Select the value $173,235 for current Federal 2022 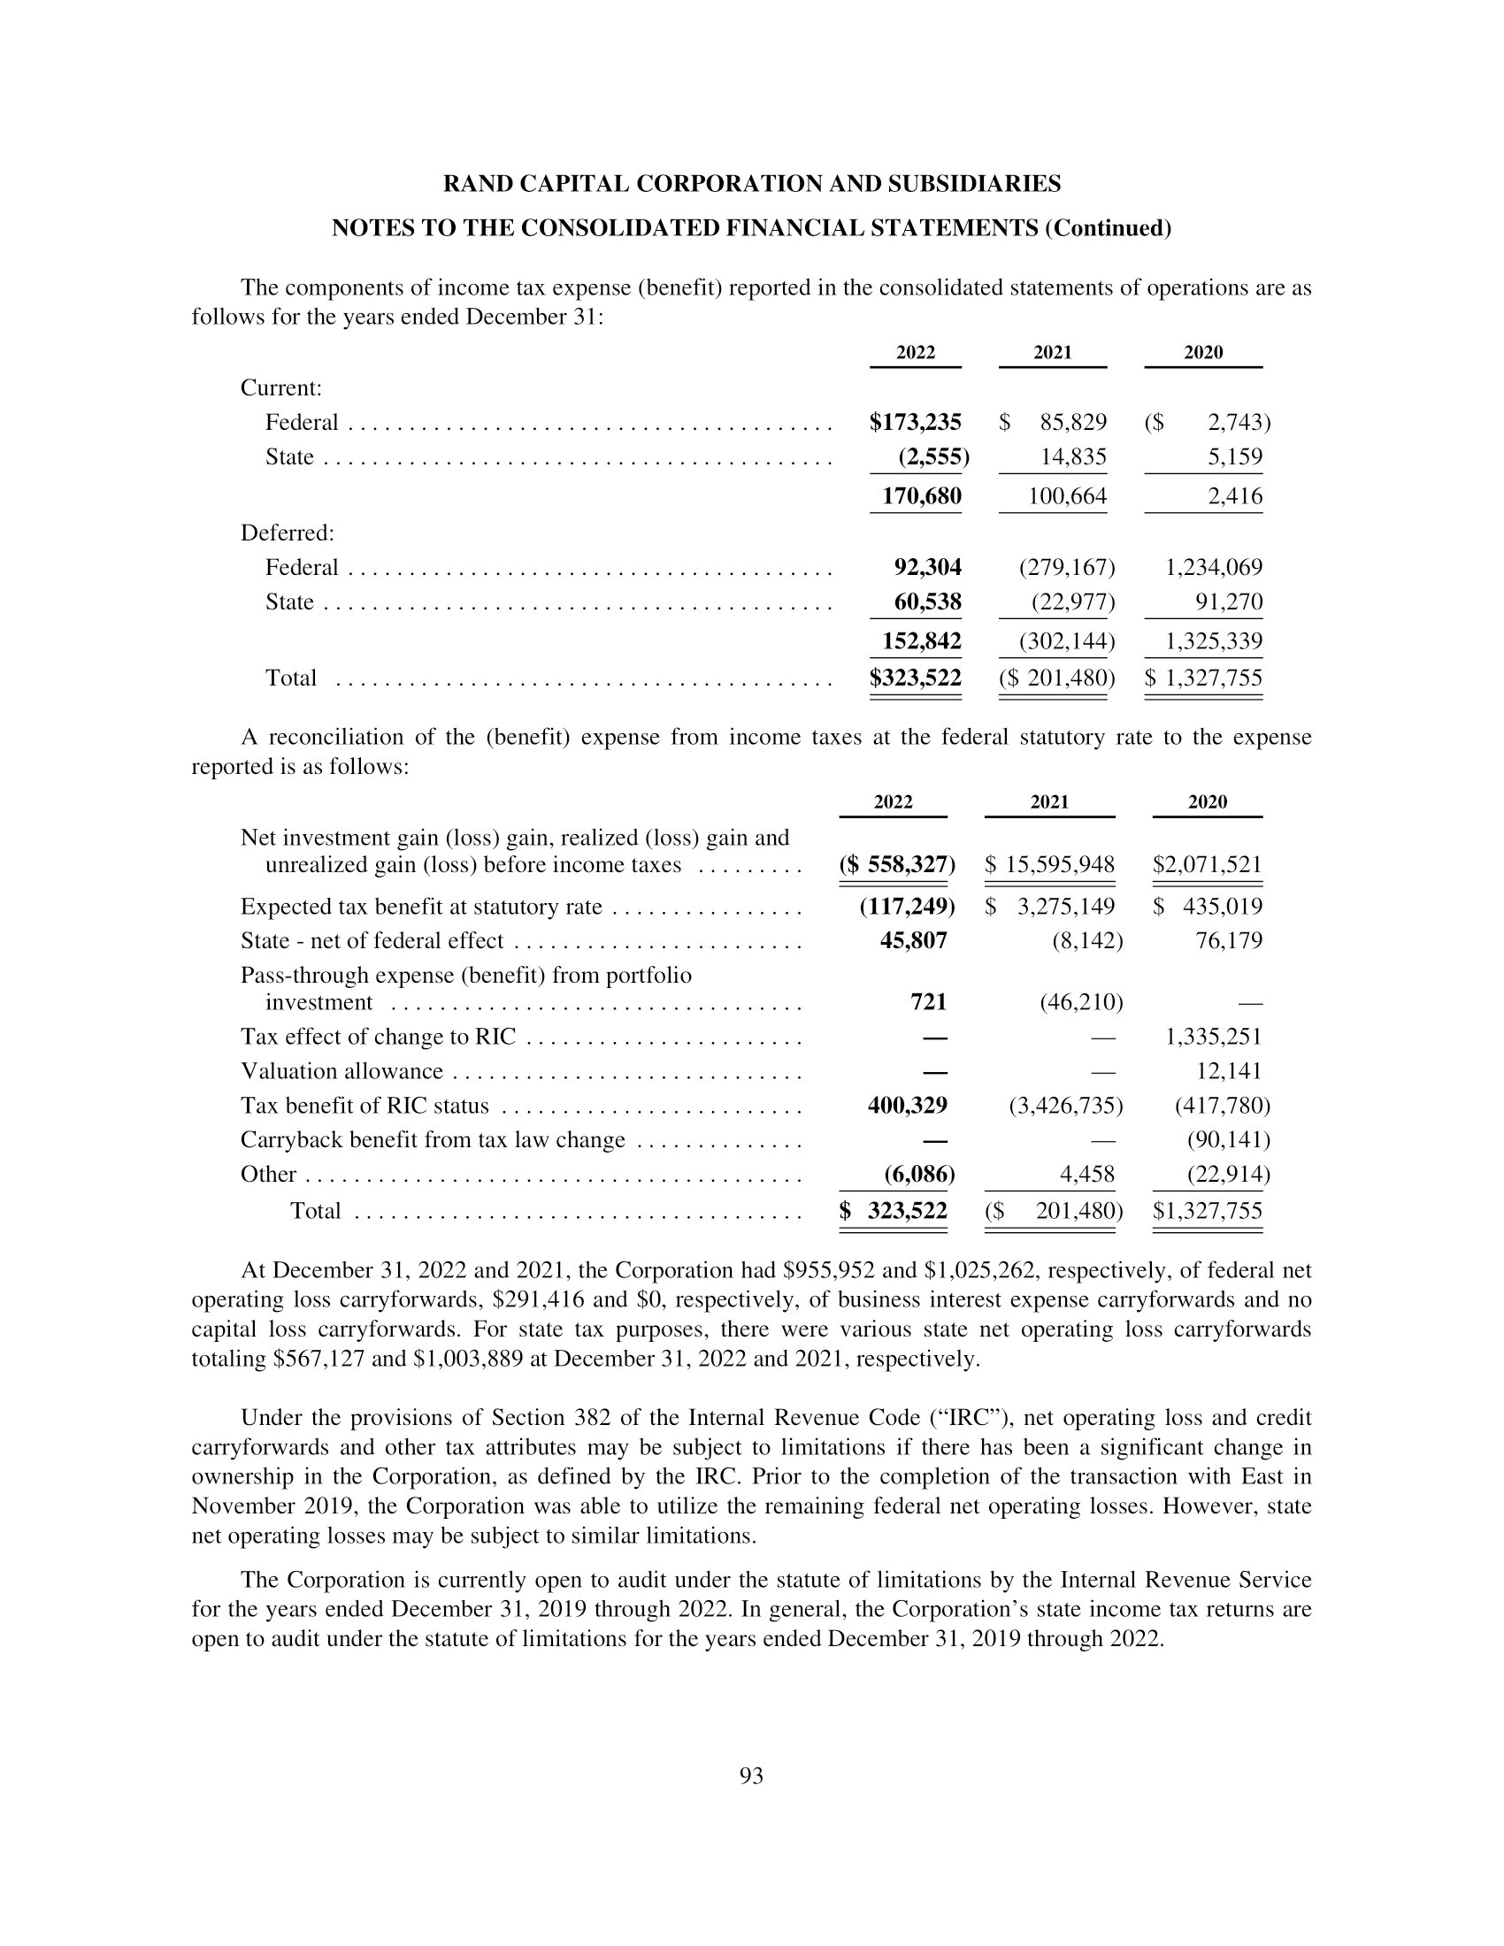(915, 422)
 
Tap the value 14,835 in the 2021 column (1074, 457)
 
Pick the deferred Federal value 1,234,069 (1214, 568)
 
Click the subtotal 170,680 (921, 496)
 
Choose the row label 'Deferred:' (287, 532)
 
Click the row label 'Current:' (280, 387)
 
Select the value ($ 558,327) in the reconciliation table (896, 864)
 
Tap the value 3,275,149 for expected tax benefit (1066, 907)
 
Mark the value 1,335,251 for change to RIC (1214, 1037)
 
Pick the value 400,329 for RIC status (907, 1106)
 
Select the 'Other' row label (267, 1175)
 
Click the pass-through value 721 (927, 1002)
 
